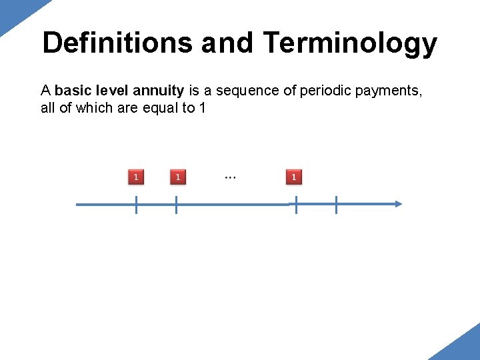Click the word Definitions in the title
(x=117, y=43)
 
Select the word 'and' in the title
(x=227, y=43)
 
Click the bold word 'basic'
(x=74, y=91)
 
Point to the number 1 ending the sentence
(x=202, y=108)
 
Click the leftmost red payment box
(x=136, y=177)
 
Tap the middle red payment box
(x=177, y=177)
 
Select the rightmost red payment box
(x=294, y=177)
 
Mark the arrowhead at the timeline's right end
(x=398, y=204)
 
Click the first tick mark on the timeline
(x=136, y=205)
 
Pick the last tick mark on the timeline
(x=336, y=205)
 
